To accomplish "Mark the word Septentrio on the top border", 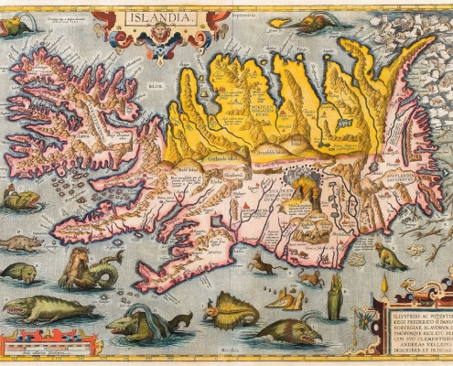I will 240,9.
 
